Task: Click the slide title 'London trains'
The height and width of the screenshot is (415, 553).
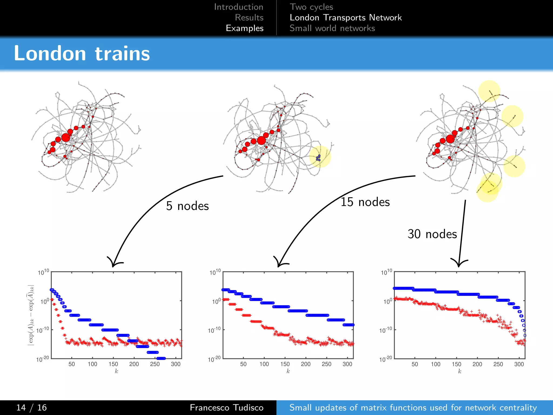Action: click(82, 53)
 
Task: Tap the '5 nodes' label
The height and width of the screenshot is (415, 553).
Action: click(187, 206)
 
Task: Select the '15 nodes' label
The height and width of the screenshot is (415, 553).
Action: click(365, 202)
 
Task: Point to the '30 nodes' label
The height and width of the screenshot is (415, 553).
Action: click(432, 234)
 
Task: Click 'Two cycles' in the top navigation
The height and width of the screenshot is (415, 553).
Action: click(311, 7)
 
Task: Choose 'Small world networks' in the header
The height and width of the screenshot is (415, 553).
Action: click(332, 28)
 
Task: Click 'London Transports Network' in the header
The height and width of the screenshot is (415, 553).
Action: click(346, 18)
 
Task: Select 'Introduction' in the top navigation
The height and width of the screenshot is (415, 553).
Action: click(238, 7)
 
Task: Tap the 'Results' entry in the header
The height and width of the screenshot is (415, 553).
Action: click(249, 18)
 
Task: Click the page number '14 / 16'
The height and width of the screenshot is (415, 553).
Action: click(32, 407)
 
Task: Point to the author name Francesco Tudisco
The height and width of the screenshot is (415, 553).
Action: click(226, 407)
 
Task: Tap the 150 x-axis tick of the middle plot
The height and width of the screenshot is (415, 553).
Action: click(285, 364)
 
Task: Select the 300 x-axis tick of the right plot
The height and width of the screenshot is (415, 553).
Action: click(519, 364)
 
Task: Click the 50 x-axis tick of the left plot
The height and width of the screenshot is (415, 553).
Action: click(72, 364)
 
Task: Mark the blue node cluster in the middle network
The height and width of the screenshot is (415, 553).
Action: click(319, 158)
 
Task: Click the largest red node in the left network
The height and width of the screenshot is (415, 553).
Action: click(66, 138)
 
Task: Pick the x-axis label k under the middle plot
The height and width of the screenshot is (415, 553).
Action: click(288, 371)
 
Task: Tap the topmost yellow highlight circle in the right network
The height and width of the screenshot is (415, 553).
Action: click(489, 91)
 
